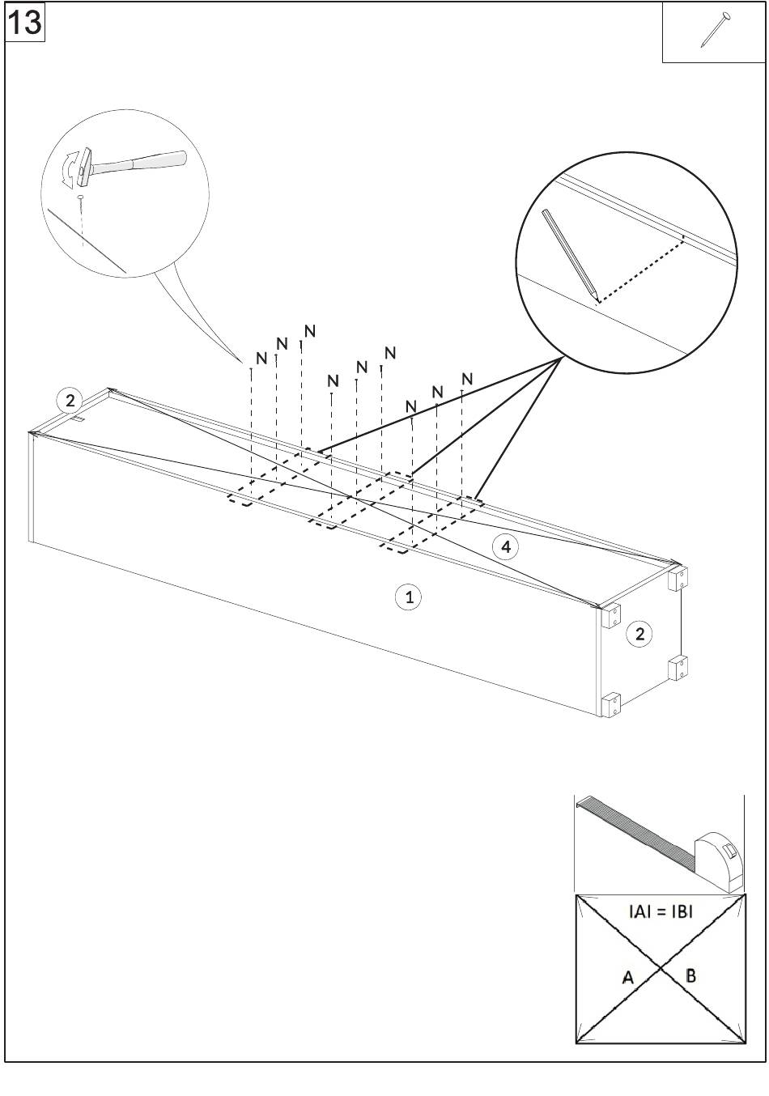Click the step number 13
coord(24,22)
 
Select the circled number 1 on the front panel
coord(409,597)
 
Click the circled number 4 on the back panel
coord(506,547)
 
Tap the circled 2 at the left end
coord(70,400)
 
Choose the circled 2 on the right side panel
coord(639,634)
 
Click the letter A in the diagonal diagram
coord(627,977)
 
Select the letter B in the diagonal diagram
coord(690,975)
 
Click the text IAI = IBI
coord(661,911)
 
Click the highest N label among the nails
coord(309,331)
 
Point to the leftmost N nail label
coord(261,358)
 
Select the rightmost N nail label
coord(466,379)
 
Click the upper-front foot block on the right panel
coord(611,616)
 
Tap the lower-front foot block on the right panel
coord(611,704)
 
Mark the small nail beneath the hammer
coord(81,197)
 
